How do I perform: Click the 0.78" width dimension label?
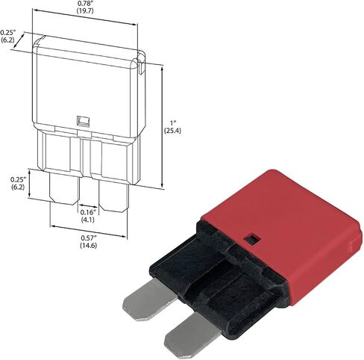point(85,4)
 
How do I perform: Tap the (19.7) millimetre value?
point(85,10)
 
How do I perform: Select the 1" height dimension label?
point(173,122)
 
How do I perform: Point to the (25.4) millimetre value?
point(172,131)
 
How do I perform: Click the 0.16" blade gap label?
point(88,212)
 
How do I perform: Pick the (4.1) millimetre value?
point(88,220)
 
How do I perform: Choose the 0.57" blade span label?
point(89,238)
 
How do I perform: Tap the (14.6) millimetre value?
point(89,246)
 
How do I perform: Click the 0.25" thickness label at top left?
point(8,32)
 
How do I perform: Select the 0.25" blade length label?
point(19,179)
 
